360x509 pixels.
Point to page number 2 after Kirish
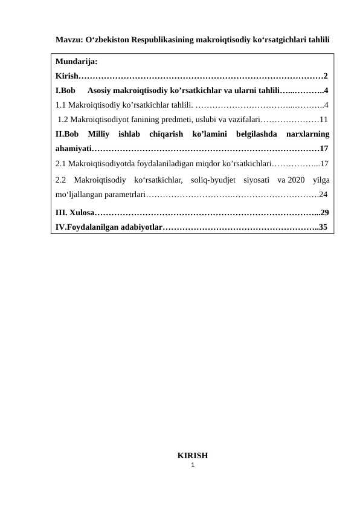click(326, 76)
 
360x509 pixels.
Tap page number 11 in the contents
click(324, 119)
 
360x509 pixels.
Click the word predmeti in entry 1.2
click(172, 119)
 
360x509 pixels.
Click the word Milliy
click(100, 134)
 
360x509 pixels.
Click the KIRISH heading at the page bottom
click(192, 455)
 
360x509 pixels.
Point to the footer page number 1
click(192, 464)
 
